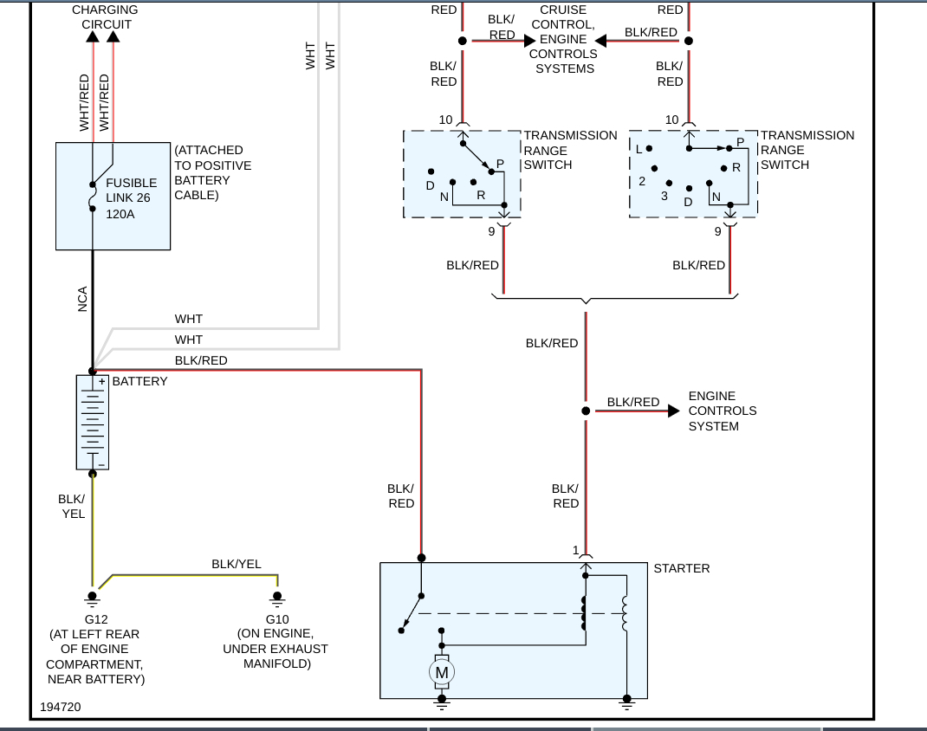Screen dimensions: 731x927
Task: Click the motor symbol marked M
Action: click(x=442, y=672)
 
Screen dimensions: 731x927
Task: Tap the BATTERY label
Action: click(x=139, y=381)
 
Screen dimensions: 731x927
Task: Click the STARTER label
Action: click(x=681, y=568)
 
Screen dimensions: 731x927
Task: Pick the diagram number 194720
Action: click(x=60, y=708)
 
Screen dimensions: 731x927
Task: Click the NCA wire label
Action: click(x=83, y=299)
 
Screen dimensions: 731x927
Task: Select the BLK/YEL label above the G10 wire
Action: click(x=236, y=564)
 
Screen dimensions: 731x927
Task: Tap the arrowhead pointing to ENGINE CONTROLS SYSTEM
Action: click(x=673, y=411)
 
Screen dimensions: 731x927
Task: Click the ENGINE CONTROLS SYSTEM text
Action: click(x=722, y=411)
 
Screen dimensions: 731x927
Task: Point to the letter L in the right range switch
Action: click(x=639, y=149)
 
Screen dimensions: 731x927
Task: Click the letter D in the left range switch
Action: click(x=430, y=186)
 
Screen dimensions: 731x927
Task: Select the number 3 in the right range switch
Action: click(x=664, y=196)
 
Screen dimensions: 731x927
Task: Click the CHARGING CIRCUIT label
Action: click(x=106, y=16)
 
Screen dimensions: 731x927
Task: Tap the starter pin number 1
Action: click(x=575, y=550)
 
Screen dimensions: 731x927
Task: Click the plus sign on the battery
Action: click(x=101, y=381)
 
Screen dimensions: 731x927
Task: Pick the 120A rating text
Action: click(x=120, y=213)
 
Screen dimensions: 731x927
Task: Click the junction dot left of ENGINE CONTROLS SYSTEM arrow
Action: click(x=586, y=411)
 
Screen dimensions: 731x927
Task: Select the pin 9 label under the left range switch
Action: click(x=490, y=231)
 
